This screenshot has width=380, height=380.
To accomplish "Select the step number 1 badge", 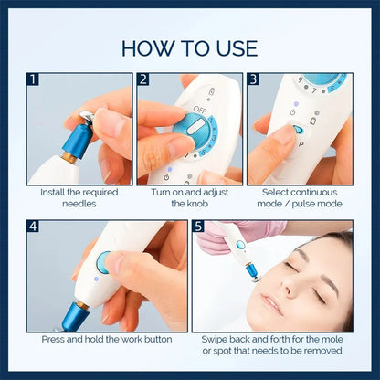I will [x=34, y=80].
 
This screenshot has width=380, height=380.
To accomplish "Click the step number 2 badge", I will [x=143, y=80].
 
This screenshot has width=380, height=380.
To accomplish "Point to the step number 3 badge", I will [x=253, y=80].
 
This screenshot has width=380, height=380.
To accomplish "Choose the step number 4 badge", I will [x=34, y=227].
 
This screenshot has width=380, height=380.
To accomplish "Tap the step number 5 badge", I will [x=198, y=227].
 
